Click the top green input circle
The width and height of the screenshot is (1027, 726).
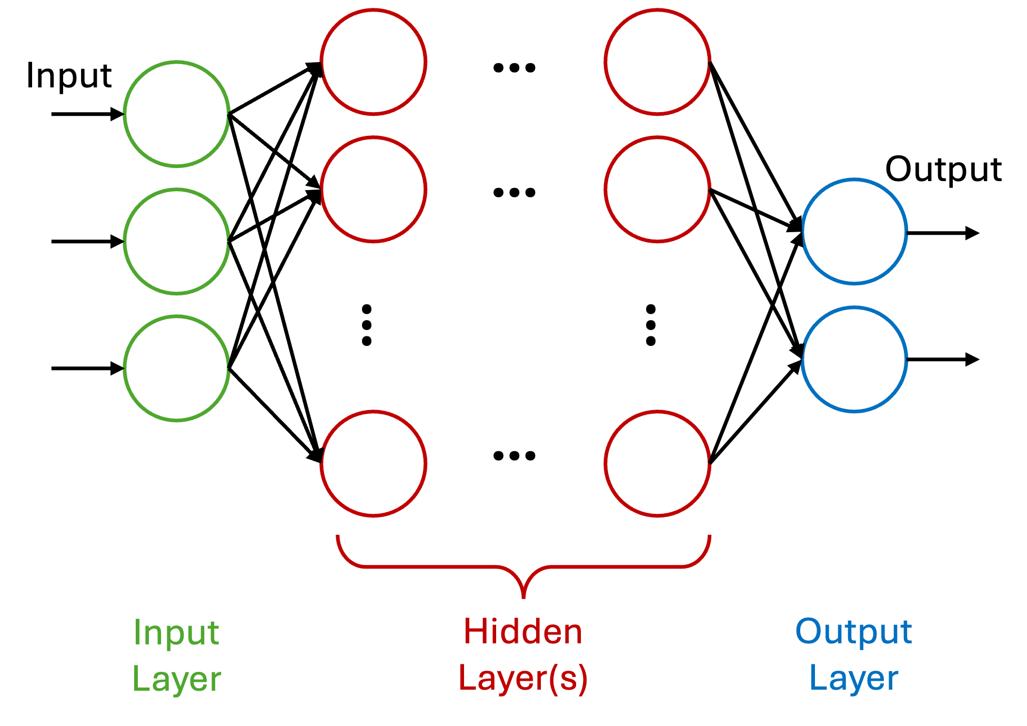click(177, 114)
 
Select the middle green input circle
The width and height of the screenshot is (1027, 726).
click(177, 241)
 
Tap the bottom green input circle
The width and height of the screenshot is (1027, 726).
click(177, 368)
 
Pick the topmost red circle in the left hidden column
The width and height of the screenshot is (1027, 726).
click(374, 62)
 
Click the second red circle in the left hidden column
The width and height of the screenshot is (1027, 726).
click(374, 189)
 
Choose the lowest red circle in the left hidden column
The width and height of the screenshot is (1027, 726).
click(374, 463)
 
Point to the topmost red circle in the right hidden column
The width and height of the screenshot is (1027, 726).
click(658, 62)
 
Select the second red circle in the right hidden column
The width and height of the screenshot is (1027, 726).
click(658, 189)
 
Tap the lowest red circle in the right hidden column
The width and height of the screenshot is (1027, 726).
click(658, 463)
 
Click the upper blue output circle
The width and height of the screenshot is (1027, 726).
click(854, 232)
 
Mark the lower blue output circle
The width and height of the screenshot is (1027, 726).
click(854, 359)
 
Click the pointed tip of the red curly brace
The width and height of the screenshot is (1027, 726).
click(523, 597)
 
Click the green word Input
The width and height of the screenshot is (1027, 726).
click(176, 633)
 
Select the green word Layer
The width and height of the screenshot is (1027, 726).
click(176, 679)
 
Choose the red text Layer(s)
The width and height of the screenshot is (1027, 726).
click(523, 678)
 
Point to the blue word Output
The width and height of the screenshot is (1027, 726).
click(853, 632)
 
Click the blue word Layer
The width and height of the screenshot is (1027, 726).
click(853, 678)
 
